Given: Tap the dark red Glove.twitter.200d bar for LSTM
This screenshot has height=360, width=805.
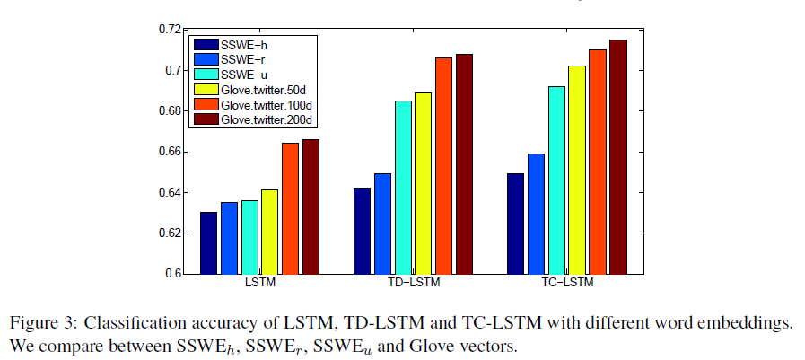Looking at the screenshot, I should (x=311, y=206).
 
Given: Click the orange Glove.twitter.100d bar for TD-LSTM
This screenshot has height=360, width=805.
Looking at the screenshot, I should (x=443, y=165).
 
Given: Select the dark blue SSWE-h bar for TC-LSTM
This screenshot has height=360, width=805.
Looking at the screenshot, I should (x=515, y=224).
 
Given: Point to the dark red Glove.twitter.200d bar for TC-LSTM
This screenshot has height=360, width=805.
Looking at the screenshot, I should (x=618, y=156).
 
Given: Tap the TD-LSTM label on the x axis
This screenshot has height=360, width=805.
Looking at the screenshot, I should (x=413, y=285).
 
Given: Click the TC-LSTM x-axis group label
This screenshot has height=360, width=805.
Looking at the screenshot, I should (x=567, y=285).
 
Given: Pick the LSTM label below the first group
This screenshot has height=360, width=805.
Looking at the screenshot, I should (x=259, y=285).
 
